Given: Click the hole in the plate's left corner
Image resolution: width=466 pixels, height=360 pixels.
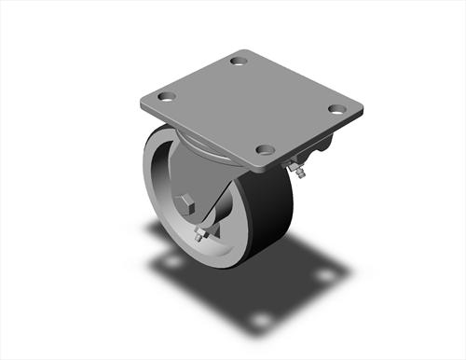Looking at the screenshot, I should [168, 95].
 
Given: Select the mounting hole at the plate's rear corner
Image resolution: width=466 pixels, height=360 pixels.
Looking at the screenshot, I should [239, 62].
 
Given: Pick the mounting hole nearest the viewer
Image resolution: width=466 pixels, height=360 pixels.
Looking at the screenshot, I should [265, 148].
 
